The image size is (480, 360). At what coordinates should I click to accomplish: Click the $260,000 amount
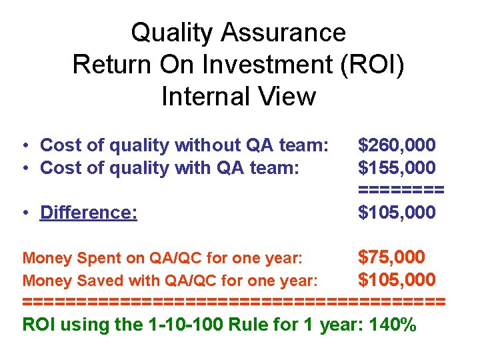[x=397, y=145]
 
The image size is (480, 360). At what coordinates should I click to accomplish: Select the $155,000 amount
[x=397, y=167]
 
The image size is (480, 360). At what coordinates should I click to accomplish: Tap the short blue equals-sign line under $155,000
[x=401, y=190]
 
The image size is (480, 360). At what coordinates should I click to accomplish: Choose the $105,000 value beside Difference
[x=397, y=213]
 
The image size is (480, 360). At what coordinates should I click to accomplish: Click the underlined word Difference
[x=89, y=213]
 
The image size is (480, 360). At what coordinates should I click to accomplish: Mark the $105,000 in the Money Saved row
[x=397, y=279]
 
